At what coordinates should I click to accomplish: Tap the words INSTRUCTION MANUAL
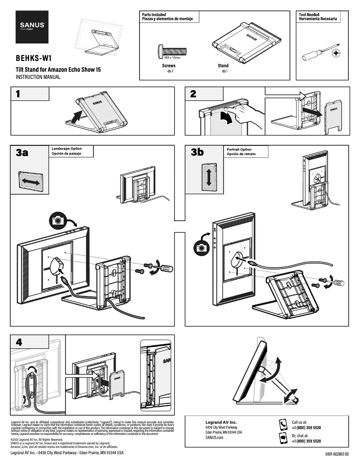(x=38, y=77)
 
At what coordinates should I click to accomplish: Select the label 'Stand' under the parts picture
(x=223, y=66)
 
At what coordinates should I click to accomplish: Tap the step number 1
(x=18, y=94)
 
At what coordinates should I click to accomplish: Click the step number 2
(x=193, y=94)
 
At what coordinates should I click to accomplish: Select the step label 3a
(x=22, y=153)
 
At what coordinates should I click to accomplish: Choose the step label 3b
(x=197, y=152)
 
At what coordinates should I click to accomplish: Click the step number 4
(x=18, y=342)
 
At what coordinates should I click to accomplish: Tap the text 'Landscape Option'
(x=66, y=148)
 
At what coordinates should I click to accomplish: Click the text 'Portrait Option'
(x=239, y=150)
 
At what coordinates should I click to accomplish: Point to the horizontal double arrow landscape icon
(x=30, y=181)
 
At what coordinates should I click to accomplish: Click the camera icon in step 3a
(x=57, y=220)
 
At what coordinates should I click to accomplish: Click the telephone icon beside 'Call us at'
(x=283, y=424)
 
